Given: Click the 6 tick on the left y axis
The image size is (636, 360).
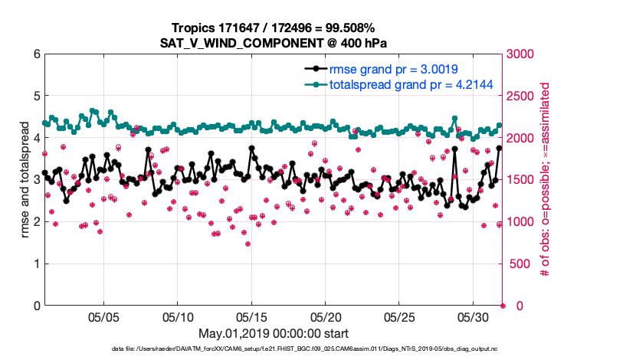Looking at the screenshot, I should pyautogui.click(x=37, y=54).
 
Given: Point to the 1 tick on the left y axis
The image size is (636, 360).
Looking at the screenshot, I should pyautogui.click(x=37, y=264).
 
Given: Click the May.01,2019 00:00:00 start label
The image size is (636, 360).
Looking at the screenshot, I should pyautogui.click(x=273, y=334).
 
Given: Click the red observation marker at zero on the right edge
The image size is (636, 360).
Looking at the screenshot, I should pyautogui.click(x=503, y=306).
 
